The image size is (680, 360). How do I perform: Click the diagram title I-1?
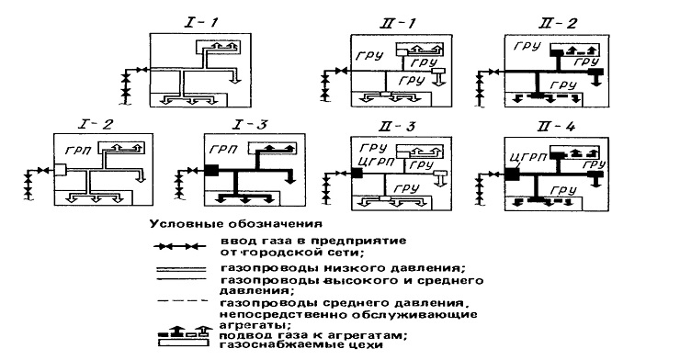[x=202, y=22]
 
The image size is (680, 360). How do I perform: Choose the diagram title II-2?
[x=558, y=23]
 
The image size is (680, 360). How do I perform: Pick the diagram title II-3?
[x=396, y=127]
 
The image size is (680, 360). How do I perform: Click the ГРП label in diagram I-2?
[x=78, y=151]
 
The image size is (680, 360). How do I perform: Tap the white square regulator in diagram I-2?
[x=61, y=169]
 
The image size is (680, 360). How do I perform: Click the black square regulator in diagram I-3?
[x=211, y=170]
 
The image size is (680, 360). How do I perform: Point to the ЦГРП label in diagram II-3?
[x=377, y=163]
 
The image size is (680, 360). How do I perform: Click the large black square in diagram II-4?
[x=512, y=174]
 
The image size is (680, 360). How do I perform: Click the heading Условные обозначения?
[x=236, y=224]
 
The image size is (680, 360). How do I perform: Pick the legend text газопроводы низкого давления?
[x=343, y=268]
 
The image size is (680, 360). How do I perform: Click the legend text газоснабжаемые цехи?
[x=301, y=345]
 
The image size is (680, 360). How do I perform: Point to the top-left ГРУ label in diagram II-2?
[x=527, y=46]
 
